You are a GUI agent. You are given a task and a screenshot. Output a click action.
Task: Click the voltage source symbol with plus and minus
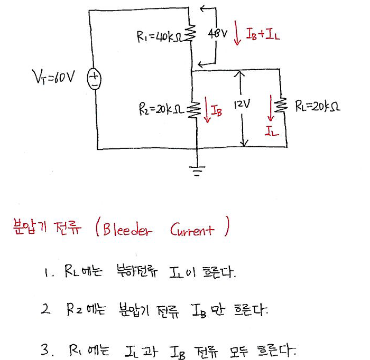pos(94,81)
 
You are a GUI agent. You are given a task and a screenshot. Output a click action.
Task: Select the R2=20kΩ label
pos(161,109)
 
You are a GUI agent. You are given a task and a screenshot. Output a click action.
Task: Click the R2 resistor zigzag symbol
pos(195,110)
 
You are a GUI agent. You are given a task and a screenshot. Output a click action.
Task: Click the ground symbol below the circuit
pos(197,169)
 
